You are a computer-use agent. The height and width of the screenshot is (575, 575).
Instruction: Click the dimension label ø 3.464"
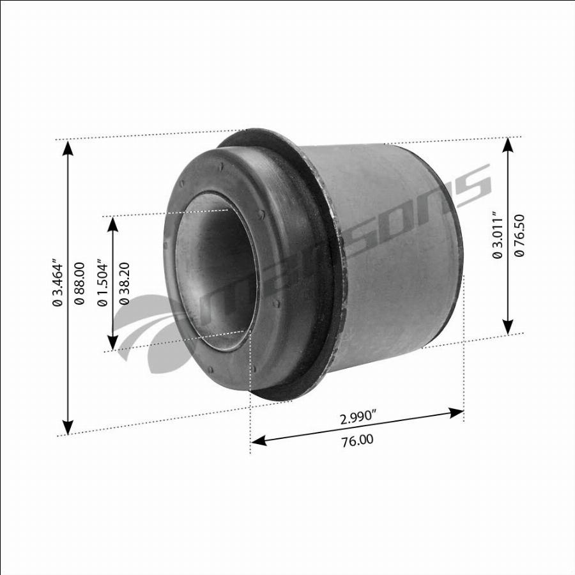[57, 282]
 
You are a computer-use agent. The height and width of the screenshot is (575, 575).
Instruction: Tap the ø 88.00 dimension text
[79, 283]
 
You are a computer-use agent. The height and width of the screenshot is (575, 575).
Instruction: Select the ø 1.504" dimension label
[102, 282]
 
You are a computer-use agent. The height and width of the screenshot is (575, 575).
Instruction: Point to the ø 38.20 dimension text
[125, 283]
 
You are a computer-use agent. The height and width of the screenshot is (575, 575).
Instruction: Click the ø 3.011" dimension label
[497, 234]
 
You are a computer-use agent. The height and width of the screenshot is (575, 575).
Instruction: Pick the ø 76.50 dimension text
[519, 235]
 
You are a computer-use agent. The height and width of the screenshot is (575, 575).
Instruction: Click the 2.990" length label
[358, 418]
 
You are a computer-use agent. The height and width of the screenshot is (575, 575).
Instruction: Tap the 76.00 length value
[358, 440]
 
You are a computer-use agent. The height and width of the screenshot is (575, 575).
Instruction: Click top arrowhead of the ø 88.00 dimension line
[68, 148]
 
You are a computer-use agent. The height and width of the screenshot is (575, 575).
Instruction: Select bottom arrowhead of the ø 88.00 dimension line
[68, 427]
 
